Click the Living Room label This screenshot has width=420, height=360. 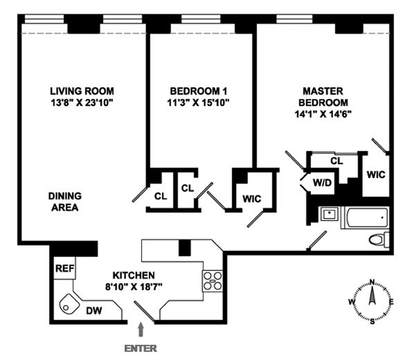point(82,91)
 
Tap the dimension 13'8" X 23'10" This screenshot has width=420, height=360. point(82,102)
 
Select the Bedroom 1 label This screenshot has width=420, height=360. point(199,91)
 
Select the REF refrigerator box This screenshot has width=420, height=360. point(64,268)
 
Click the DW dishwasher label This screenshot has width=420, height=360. point(93,312)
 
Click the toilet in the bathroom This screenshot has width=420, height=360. point(377,240)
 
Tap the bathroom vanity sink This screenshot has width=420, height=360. point(330,215)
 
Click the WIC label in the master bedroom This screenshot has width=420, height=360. point(376,174)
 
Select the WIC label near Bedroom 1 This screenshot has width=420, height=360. point(251,198)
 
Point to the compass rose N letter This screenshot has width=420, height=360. point(372,282)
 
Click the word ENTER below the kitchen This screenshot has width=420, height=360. point(142,348)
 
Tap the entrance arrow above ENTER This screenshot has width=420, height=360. point(142,328)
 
